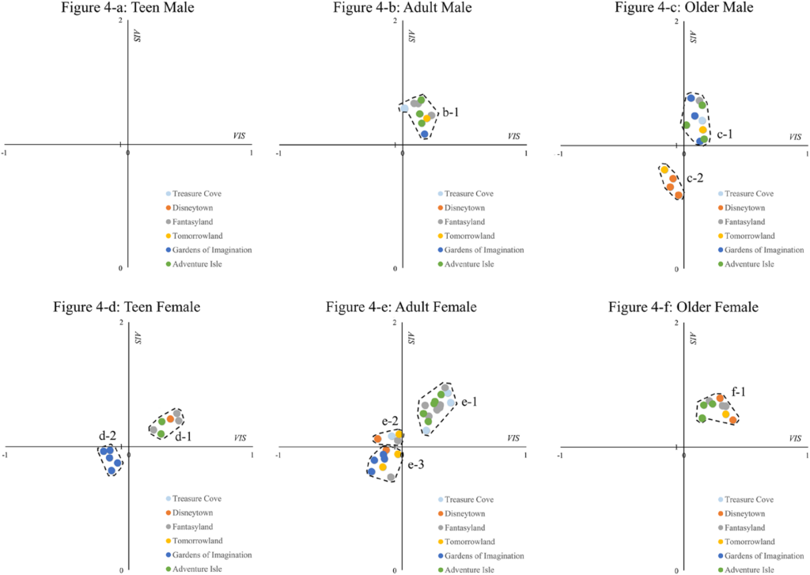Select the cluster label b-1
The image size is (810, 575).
451,113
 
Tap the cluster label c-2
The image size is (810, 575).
696,179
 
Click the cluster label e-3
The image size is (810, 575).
416,466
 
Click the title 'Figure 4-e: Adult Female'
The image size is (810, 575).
401,307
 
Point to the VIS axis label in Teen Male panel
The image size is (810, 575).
236,136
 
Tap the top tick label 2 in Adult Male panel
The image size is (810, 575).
395,19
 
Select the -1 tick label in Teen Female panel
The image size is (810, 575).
6,454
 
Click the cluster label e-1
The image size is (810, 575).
468,402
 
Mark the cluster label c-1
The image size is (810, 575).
725,134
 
